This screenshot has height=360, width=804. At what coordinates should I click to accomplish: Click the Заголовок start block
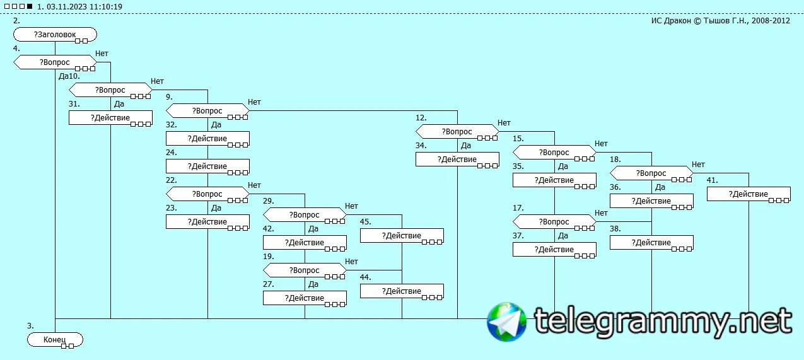coord(55,34)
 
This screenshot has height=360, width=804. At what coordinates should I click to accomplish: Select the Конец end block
coord(55,340)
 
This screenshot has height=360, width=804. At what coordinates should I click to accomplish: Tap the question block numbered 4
coord(55,62)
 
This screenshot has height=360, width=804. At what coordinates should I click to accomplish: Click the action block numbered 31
coord(110,118)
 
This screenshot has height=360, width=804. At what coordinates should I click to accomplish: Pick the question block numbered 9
coord(207,111)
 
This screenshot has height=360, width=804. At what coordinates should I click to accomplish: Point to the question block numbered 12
coord(457,132)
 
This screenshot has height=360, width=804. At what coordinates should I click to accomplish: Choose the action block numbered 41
coord(748,194)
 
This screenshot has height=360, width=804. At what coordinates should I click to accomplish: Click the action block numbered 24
coord(207,166)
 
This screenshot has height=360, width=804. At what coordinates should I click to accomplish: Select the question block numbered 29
coord(305,215)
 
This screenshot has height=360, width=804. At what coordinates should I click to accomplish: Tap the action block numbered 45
coord(402,236)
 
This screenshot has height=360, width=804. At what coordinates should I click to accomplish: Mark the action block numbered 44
coord(402,291)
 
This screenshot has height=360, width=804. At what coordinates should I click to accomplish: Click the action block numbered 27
coord(305,298)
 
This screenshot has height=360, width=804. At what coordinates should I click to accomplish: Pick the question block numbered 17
coord(554,222)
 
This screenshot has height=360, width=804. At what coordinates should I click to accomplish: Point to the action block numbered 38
coord(651,243)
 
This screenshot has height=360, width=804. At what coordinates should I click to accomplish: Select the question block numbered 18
coord(651,173)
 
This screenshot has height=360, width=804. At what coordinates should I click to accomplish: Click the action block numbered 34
coord(457,160)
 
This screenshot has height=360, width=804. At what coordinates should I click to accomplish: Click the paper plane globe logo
coord(506,322)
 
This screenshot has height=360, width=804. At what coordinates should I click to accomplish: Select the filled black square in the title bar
coord(29,6)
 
